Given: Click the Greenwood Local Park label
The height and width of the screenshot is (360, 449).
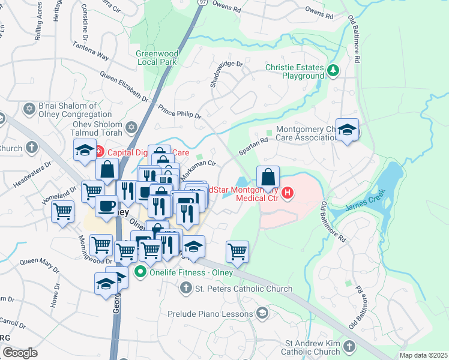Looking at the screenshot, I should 156,57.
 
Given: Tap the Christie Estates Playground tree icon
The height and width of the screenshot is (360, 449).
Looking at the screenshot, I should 333,71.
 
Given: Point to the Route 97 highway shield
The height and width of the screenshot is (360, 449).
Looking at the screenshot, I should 202,3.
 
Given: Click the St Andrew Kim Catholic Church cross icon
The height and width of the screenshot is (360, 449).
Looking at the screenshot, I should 349,347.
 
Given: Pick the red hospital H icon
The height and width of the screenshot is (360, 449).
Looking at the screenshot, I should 288,193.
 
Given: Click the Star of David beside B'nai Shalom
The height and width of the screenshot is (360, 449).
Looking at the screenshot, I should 28,110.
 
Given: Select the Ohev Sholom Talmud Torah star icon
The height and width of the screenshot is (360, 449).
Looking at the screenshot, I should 132,127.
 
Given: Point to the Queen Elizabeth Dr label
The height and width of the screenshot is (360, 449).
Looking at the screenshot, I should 124,87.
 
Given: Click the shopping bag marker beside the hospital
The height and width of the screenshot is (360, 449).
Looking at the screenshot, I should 268,177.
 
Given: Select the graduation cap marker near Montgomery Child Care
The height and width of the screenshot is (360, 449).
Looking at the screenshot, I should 347,130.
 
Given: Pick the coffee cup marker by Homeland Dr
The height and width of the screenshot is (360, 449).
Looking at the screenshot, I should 107,206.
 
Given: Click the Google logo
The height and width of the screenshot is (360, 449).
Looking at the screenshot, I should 20,353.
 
